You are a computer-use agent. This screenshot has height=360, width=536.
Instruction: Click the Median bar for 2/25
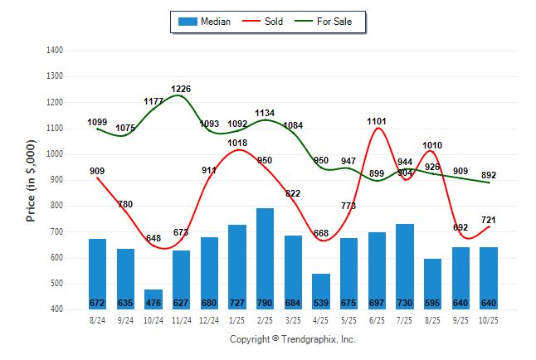pos(266,258)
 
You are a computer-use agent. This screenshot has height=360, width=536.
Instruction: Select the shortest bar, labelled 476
pos(153,299)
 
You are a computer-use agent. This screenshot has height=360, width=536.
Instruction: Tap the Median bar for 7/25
pos(405,265)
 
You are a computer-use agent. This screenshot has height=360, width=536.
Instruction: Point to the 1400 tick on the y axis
pos(56,51)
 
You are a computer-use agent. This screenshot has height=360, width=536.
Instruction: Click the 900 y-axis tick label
pos(57,180)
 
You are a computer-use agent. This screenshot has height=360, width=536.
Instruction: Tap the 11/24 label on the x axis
pos(182,319)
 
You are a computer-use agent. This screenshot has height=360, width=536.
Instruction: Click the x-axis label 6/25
pos(378,319)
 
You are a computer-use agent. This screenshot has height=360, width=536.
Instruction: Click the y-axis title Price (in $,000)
pos(32,180)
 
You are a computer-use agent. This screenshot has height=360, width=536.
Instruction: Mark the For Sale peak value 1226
pos(182,89)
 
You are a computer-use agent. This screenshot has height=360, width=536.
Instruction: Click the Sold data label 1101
pos(377,121)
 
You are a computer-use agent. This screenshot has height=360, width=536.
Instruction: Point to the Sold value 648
pos(153,238)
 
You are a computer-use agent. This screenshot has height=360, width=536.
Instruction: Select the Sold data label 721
pos(490,220)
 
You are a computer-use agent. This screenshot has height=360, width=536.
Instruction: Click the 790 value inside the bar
pos(266,302)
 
